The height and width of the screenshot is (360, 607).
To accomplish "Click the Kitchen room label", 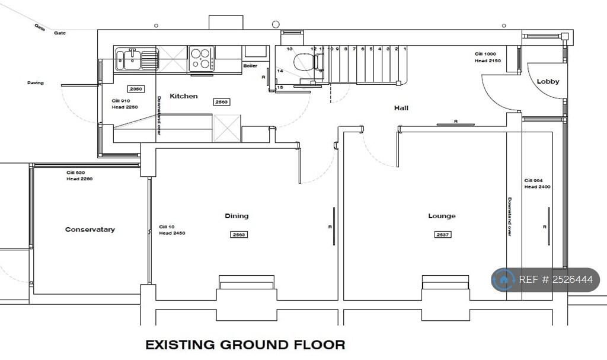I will [x=184, y=96].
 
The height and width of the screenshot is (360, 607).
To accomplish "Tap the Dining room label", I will [x=237, y=216].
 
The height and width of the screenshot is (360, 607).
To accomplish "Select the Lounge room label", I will [x=442, y=216].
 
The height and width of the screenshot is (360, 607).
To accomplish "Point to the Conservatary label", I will [x=90, y=230].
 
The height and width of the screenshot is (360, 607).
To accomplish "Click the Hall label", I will [x=401, y=108].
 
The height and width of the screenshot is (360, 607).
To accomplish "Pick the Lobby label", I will [x=548, y=81].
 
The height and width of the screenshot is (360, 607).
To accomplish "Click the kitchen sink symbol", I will [x=137, y=59].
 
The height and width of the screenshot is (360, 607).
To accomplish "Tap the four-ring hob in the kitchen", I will [x=202, y=59].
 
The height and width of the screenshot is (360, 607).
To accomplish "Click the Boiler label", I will [x=250, y=66].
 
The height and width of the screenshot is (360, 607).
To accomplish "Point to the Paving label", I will [x=36, y=82].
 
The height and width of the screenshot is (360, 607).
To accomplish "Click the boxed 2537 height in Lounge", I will [x=442, y=234].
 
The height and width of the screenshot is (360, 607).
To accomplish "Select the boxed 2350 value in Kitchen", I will [x=136, y=89].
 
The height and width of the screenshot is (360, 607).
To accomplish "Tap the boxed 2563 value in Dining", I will [x=238, y=234].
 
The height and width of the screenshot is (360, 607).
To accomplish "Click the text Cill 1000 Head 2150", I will [x=488, y=58].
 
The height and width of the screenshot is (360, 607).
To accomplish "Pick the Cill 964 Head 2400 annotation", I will [x=538, y=183].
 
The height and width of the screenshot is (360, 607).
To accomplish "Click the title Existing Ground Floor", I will [x=245, y=345].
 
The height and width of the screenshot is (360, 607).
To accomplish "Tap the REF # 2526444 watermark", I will [x=545, y=280].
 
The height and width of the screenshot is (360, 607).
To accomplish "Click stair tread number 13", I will [x=290, y=49].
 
